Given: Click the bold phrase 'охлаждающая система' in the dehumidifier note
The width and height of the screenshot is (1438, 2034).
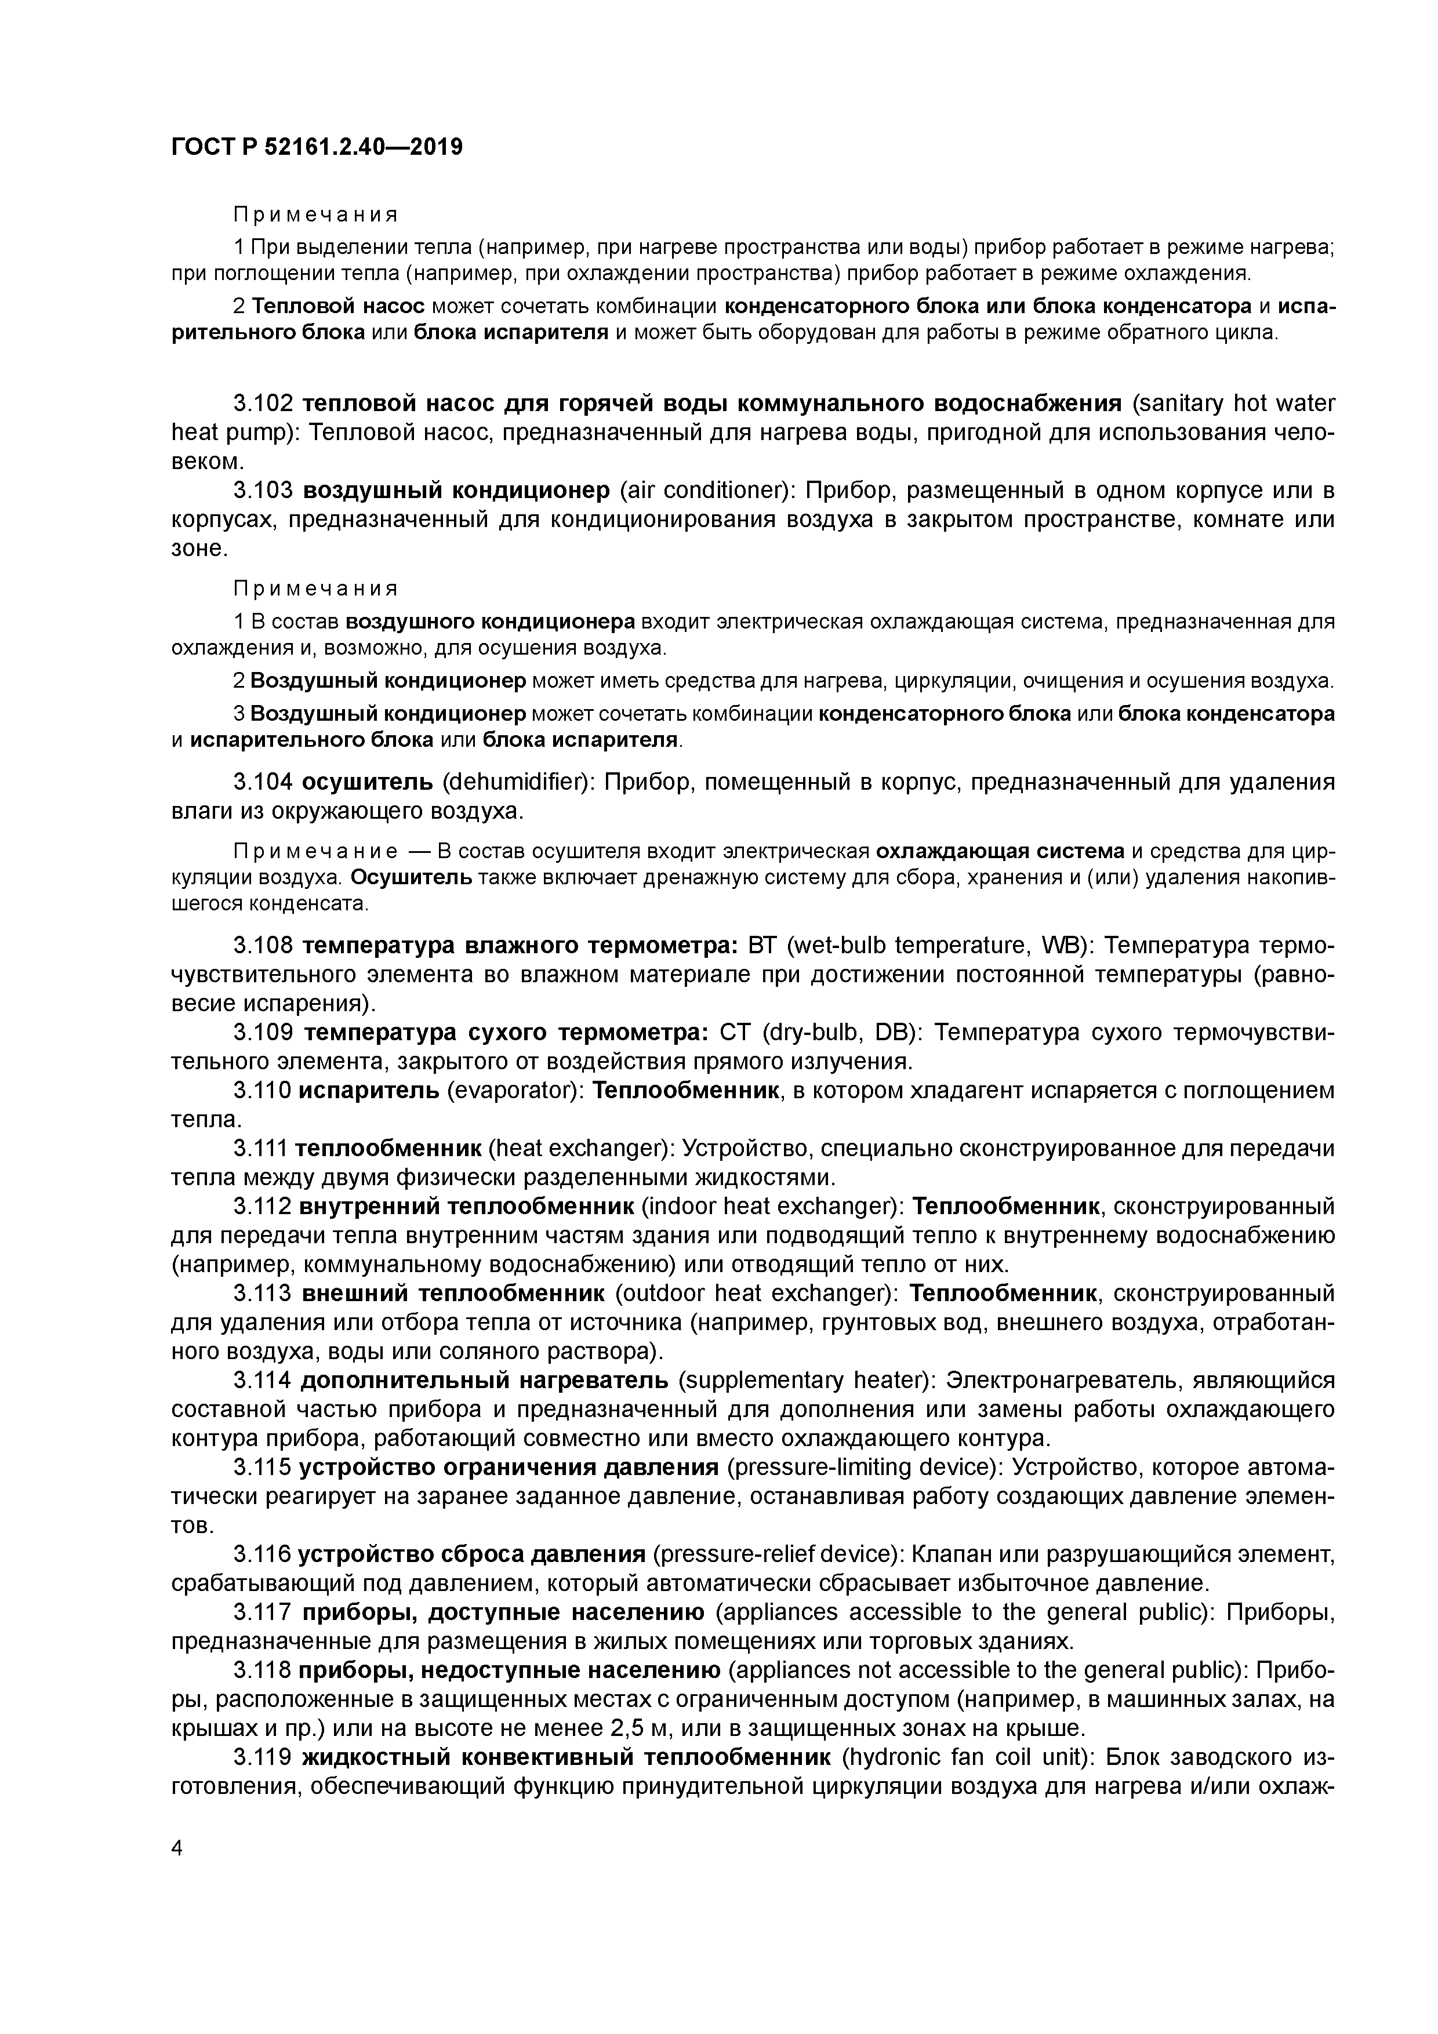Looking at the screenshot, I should click(1000, 851).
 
